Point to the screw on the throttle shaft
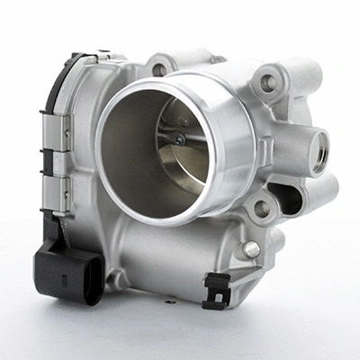coord(178,139)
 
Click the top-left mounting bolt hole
coord(160,69)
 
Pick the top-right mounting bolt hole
coord(267,83)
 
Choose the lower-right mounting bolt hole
coord(261,209)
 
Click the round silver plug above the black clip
coord(251,249)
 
